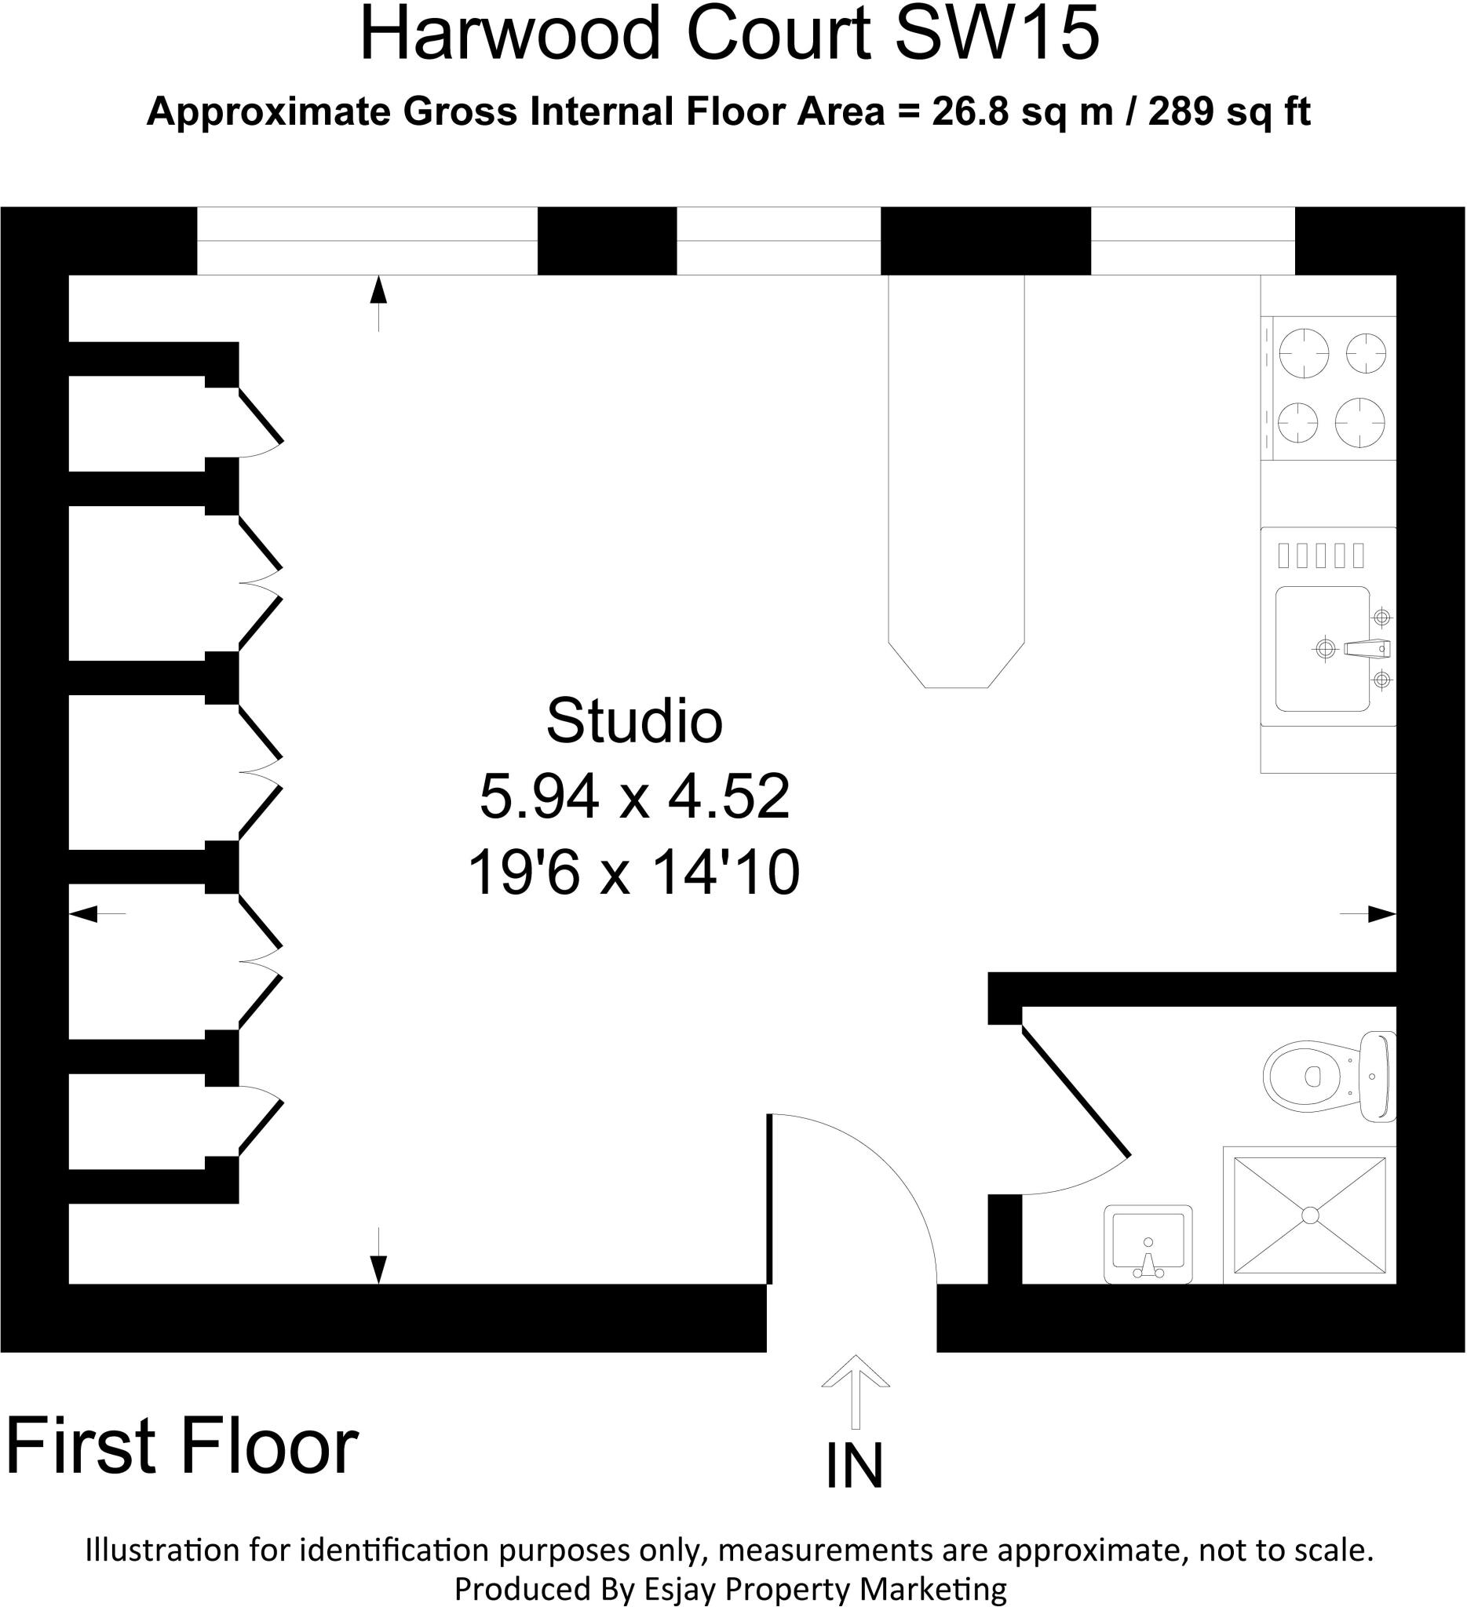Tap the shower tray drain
coord(1310,1215)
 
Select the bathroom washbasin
coord(1148,1244)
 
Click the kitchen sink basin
coord(1322,649)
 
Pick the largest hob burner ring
coord(1304,352)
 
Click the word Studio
coord(634,720)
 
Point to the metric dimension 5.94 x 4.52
coord(634,796)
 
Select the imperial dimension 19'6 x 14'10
coord(634,873)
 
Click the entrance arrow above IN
coord(856,1391)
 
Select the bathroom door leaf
coord(1075,1093)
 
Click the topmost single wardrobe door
coord(261,414)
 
